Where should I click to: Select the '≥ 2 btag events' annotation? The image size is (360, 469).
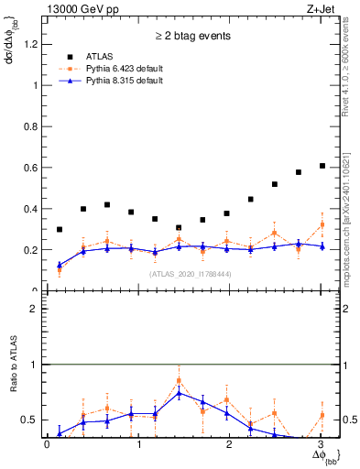[x=192, y=37]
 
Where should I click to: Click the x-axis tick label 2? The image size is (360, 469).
[x=231, y=445]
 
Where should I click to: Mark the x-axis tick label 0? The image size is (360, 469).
[x=47, y=445]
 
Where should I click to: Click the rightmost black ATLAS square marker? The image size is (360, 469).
[x=322, y=166]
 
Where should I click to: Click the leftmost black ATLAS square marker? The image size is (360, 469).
[x=60, y=229]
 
